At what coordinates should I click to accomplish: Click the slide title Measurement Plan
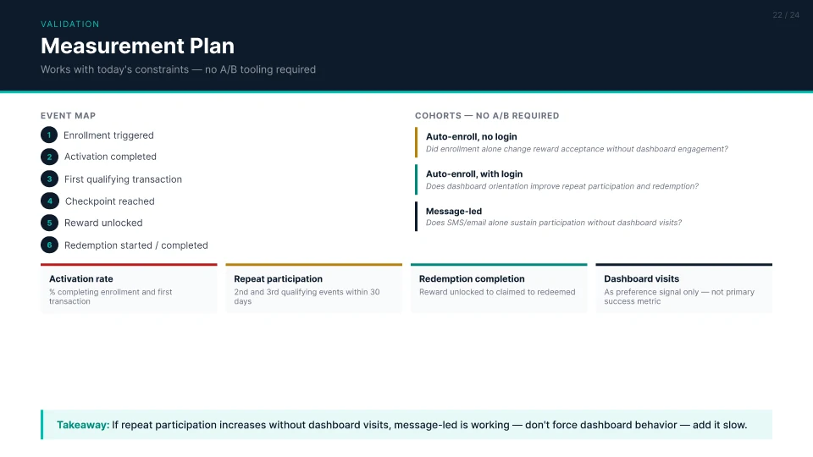tap(137, 46)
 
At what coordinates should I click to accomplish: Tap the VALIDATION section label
tap(70, 25)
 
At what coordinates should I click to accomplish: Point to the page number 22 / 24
tap(786, 15)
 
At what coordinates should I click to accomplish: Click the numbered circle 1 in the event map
tap(49, 135)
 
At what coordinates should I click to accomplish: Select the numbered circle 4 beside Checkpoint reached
tap(49, 201)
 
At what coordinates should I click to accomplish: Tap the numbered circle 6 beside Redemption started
tap(49, 245)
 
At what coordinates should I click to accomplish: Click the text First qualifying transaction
tap(123, 179)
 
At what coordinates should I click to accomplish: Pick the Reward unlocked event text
tap(103, 223)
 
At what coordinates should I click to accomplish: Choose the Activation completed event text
tap(110, 157)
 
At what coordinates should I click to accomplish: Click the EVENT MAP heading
tap(68, 116)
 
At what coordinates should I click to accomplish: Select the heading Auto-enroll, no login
tap(472, 137)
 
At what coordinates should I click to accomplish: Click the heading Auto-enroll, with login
tap(474, 174)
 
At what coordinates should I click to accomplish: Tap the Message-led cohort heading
tap(454, 212)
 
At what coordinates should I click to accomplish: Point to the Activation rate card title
tap(81, 278)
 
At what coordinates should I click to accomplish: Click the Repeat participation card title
tap(278, 278)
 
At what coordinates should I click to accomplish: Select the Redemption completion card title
tap(472, 278)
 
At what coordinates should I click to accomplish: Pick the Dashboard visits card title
tap(641, 278)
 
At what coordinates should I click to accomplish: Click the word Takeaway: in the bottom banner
tap(83, 425)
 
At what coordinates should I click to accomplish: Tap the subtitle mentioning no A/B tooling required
tap(178, 69)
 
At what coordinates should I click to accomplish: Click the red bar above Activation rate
tap(129, 264)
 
